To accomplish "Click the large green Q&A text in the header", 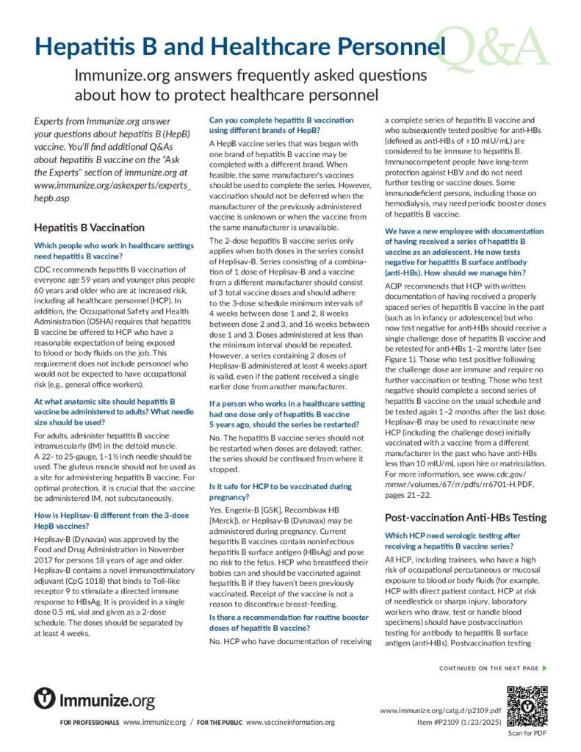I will (x=497, y=46).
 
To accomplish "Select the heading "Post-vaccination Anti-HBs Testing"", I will (x=466, y=517).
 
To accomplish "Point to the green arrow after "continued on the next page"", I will (x=544, y=668).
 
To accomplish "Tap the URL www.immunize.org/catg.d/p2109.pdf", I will (x=441, y=711).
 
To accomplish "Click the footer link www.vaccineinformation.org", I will (x=290, y=722).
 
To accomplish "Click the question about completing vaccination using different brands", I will (x=281, y=124).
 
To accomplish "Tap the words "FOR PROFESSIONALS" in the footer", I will (x=90, y=723).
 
